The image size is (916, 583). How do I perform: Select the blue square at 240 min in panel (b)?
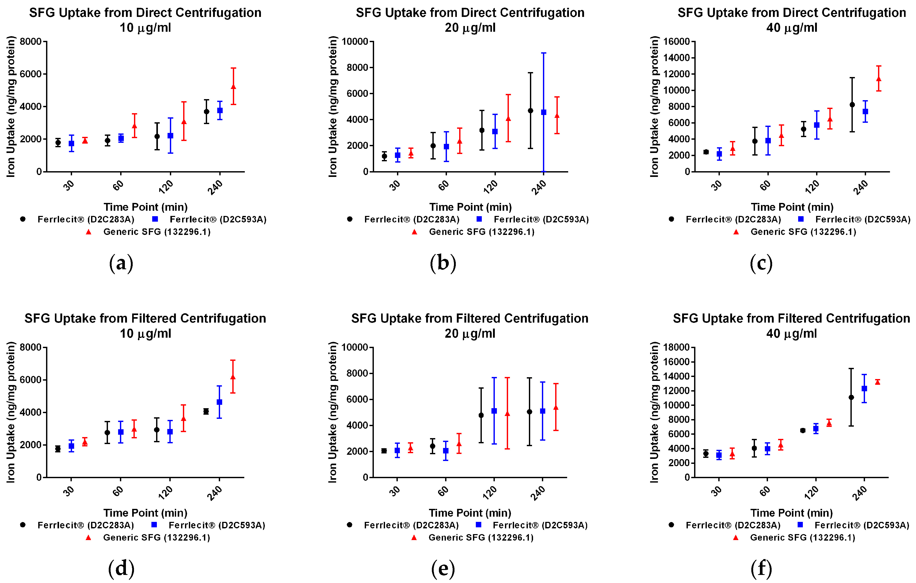point(543,112)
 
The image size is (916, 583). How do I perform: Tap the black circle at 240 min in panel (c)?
point(852,105)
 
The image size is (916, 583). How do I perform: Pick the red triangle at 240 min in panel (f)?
point(877,382)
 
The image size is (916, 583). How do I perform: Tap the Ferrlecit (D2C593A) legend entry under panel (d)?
point(216,525)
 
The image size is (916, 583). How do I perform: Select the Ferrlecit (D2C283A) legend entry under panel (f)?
point(733,525)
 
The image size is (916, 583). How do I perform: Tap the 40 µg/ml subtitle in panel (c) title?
point(792,28)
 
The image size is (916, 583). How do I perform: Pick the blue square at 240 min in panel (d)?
point(219,402)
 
